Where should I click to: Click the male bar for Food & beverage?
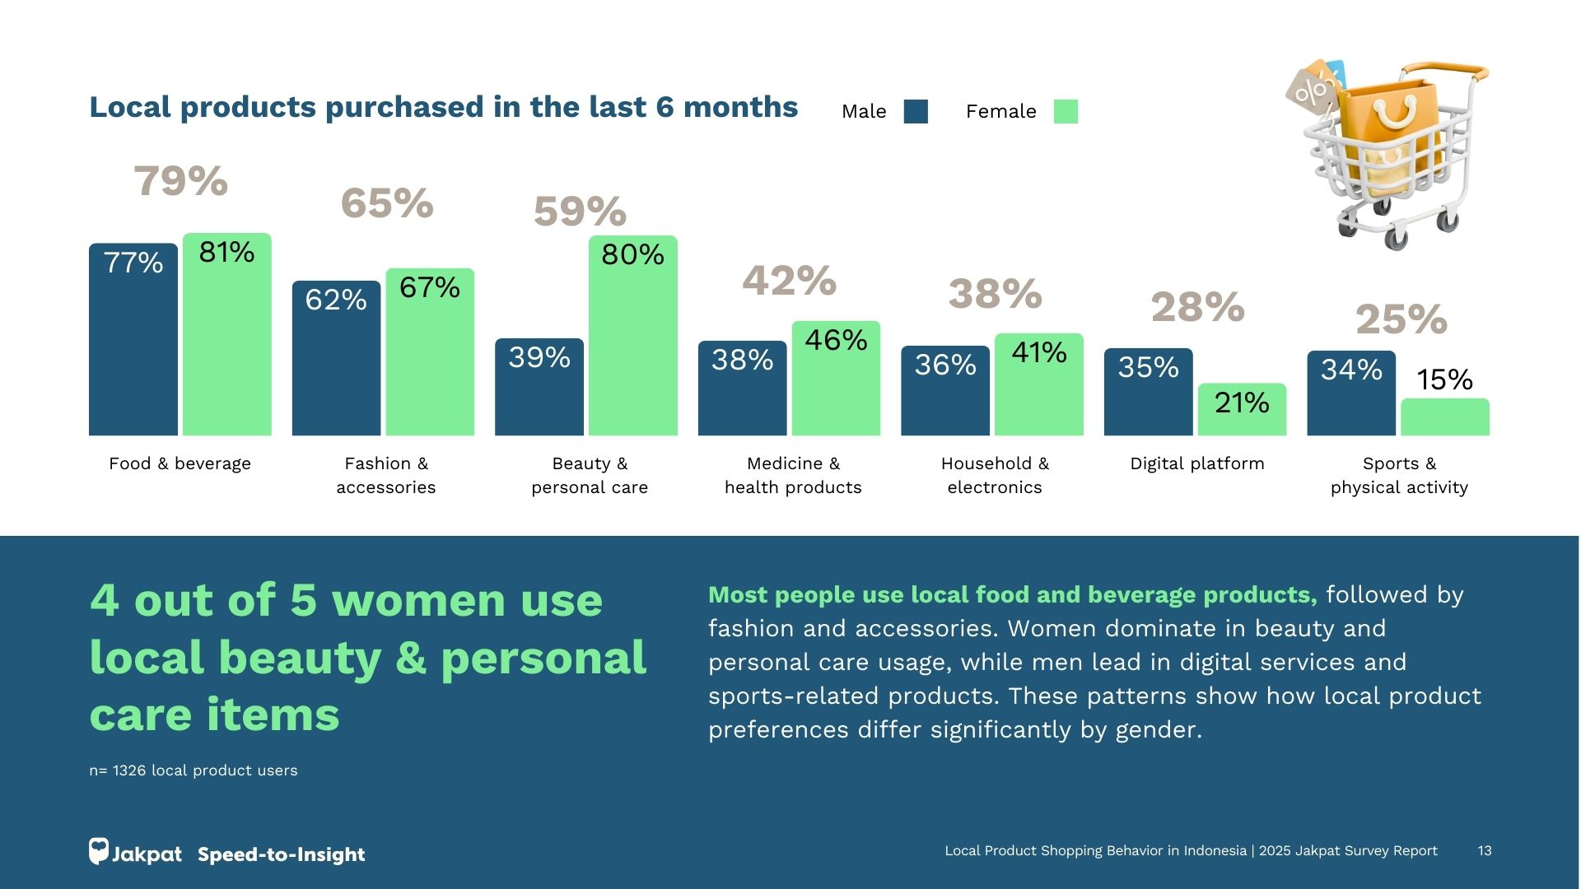click(x=133, y=346)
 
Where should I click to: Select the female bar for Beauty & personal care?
click(x=632, y=346)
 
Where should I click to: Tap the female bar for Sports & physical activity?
click(x=1444, y=417)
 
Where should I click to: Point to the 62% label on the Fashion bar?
click(x=336, y=300)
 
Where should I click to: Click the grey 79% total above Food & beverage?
click(x=180, y=181)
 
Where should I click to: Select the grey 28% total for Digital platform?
click(x=1197, y=308)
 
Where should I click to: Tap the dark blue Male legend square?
click(x=916, y=111)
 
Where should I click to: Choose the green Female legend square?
click(x=1066, y=111)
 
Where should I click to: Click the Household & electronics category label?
click(x=995, y=475)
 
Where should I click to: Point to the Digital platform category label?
click(x=1197, y=463)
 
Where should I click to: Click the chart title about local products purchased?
click(x=443, y=107)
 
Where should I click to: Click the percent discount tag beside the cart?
click(x=1311, y=91)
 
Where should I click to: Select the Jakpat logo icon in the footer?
click(x=99, y=851)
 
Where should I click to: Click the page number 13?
click(x=1485, y=851)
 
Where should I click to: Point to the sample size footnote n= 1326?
click(x=194, y=770)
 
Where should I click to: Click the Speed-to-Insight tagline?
click(x=281, y=854)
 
